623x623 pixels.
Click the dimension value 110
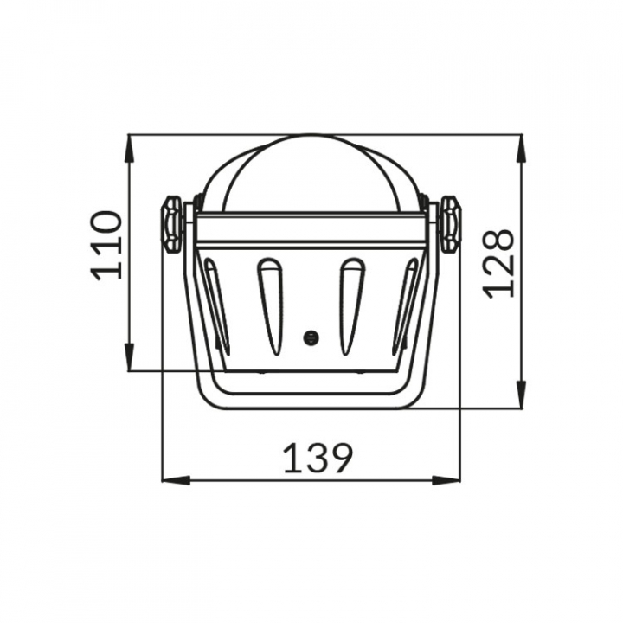tap(106, 246)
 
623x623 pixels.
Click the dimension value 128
tap(499, 263)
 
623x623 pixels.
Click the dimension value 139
tap(318, 458)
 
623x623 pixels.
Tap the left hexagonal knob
tap(172, 224)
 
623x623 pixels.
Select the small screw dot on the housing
tap(311, 337)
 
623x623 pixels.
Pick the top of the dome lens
tap(311, 135)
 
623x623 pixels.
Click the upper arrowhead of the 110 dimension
tap(129, 148)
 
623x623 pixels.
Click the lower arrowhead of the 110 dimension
tap(129, 357)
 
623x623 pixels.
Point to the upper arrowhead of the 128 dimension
tap(521, 148)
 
